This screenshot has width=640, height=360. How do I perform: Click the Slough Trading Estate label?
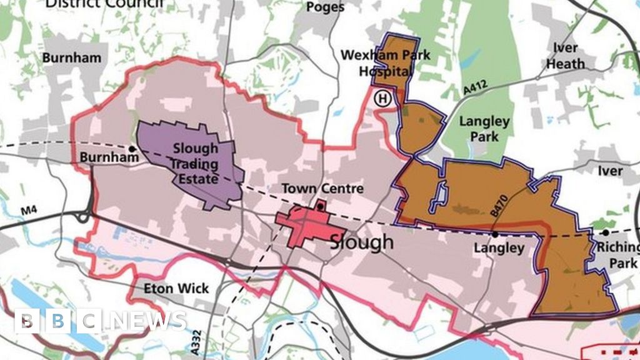point(195,164)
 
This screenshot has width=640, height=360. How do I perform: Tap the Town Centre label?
point(313,188)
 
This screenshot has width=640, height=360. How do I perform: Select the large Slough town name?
point(361,241)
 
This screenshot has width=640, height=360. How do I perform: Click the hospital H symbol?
point(382,97)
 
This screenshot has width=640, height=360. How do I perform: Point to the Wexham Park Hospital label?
point(385,63)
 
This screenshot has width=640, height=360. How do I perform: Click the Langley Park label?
point(484,127)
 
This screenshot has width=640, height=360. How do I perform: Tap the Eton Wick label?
point(176,289)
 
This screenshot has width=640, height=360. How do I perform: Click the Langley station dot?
point(494,234)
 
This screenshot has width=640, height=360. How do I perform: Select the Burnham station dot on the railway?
point(132,149)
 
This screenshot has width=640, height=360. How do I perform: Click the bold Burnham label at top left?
point(71,58)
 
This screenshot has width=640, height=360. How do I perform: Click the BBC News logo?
point(100,321)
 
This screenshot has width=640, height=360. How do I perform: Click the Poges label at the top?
point(326,7)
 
